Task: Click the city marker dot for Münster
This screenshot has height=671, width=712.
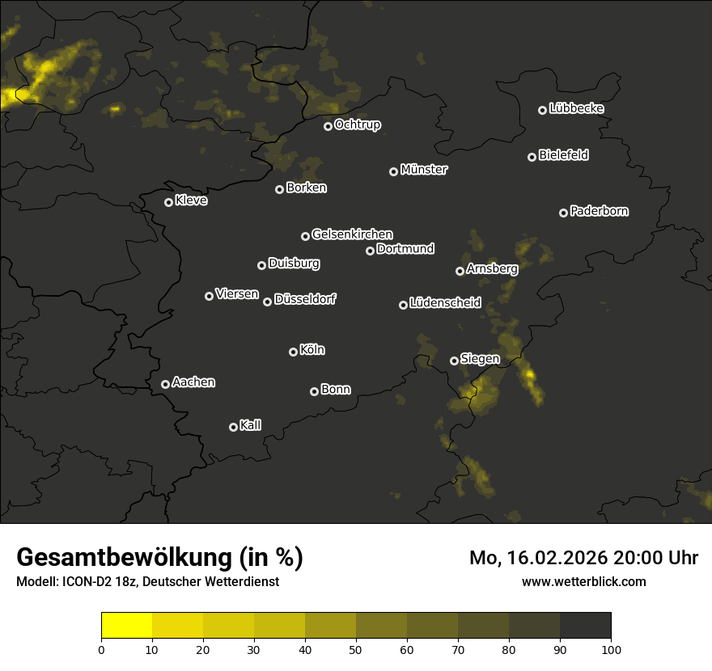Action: point(393,171)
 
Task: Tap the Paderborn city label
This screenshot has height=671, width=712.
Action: point(599,211)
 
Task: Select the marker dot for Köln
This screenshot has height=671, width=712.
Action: point(293,352)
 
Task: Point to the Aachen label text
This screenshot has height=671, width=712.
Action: point(193,382)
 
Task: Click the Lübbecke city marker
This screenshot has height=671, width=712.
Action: point(542,110)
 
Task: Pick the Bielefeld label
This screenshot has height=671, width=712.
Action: point(563,155)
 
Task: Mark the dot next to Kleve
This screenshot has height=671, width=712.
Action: point(168,202)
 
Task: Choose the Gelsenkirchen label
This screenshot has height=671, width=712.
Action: point(352,234)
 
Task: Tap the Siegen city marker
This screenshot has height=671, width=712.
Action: point(454,361)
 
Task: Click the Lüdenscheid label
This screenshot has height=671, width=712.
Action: point(445,303)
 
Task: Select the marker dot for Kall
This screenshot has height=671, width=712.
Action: point(233,427)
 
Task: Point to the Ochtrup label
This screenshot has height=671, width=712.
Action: point(357,124)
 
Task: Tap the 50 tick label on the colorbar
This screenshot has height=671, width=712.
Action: point(356,648)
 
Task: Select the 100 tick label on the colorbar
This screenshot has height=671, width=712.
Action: point(611,648)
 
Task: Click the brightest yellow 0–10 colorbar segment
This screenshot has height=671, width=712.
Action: point(127,626)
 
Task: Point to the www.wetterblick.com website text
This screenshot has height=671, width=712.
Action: point(584,581)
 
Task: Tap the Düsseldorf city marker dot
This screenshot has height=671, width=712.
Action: point(267,302)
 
